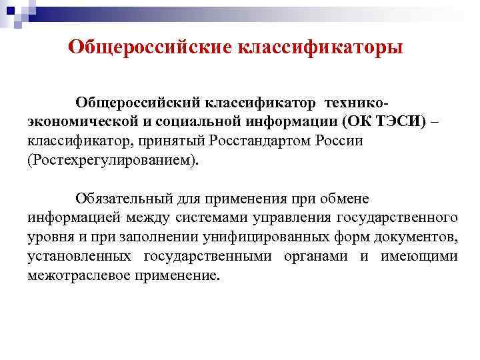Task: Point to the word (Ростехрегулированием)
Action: [x=113, y=161]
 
